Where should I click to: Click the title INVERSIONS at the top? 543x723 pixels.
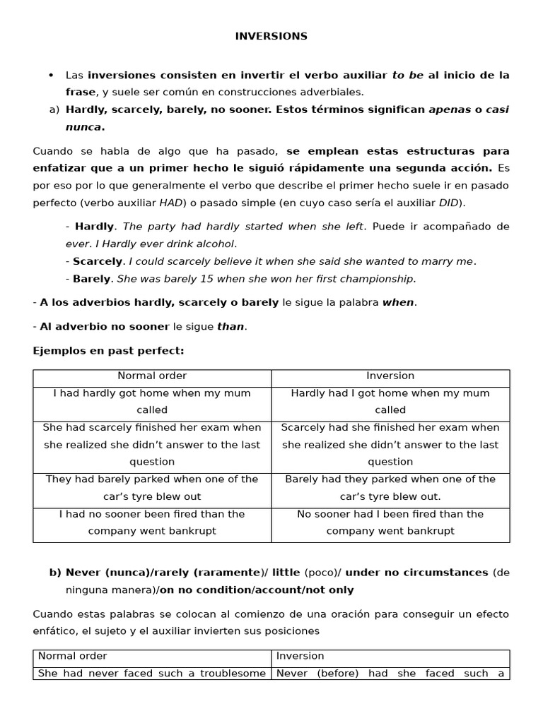coord(271,37)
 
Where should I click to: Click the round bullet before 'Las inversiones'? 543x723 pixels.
coord(51,76)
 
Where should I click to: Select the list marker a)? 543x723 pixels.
coord(54,110)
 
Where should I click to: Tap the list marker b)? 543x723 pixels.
coord(54,573)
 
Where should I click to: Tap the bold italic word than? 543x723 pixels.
coord(230,327)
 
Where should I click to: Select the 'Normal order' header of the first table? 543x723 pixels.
coord(152,376)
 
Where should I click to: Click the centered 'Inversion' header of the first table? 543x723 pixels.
coord(390,376)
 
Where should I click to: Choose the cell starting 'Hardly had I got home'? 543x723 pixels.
coord(390,402)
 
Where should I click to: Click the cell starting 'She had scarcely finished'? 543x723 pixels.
coord(152,445)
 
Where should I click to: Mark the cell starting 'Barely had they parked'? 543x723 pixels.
coord(390,488)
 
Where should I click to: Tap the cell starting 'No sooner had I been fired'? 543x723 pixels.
coord(390,522)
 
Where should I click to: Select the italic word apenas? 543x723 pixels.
coord(450,110)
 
